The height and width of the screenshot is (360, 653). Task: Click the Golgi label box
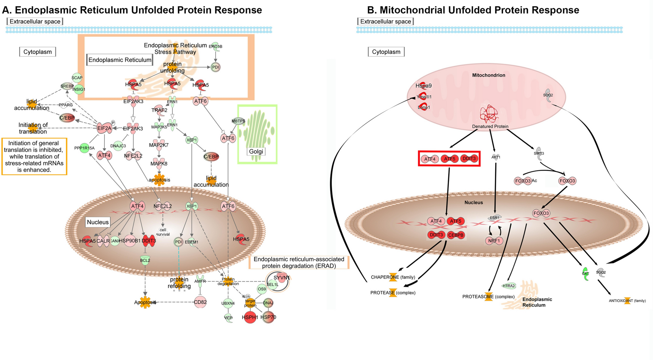(x=256, y=152)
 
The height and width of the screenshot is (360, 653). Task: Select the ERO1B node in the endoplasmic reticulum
(x=215, y=47)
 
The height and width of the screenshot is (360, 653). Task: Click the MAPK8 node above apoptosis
(x=159, y=164)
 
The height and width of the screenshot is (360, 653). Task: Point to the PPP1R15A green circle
(x=85, y=148)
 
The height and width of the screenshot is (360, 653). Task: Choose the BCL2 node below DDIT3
(x=145, y=260)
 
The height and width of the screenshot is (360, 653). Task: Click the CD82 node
(x=200, y=302)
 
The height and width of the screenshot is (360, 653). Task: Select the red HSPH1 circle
(x=250, y=317)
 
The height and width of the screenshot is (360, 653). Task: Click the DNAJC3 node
(x=118, y=146)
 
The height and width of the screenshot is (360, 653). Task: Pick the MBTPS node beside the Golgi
(x=238, y=121)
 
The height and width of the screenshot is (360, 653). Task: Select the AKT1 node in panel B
(x=496, y=157)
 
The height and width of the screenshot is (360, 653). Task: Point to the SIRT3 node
(x=539, y=153)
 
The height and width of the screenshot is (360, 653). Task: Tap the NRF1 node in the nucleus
(x=494, y=241)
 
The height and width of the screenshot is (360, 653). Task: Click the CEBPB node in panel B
(x=456, y=235)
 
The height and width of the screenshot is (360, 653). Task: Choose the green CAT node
(x=585, y=273)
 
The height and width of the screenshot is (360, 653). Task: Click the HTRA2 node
(x=509, y=286)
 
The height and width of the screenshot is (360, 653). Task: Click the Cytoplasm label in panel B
(x=386, y=52)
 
